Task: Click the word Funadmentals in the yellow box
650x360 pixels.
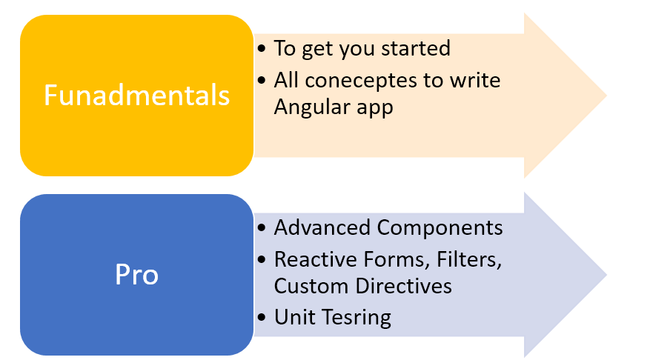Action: (x=137, y=96)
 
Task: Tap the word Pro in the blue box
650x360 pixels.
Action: (x=137, y=274)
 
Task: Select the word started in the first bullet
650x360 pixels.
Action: (x=415, y=48)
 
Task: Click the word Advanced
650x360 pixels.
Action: (x=322, y=228)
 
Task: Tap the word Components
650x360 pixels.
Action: (x=440, y=229)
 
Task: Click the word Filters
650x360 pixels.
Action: (x=469, y=260)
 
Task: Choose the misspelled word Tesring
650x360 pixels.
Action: (x=356, y=319)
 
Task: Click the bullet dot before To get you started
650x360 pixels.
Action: (x=261, y=49)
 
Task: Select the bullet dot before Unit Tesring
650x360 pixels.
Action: (x=261, y=318)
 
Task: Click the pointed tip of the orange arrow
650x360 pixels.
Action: (x=606, y=96)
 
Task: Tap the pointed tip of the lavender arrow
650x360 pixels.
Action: (x=606, y=275)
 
